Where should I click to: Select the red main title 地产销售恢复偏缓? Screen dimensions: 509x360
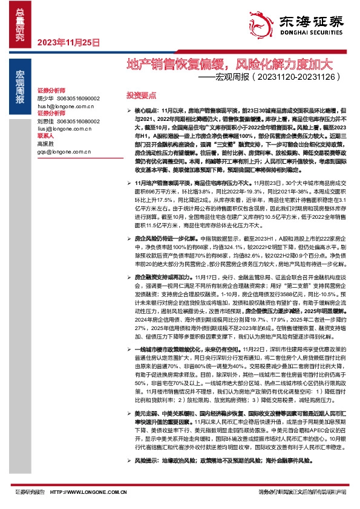(175, 63)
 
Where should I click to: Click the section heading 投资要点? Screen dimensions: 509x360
(140, 96)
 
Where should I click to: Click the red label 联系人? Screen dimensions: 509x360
(46, 137)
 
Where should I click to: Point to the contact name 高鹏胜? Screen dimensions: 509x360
(46, 144)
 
